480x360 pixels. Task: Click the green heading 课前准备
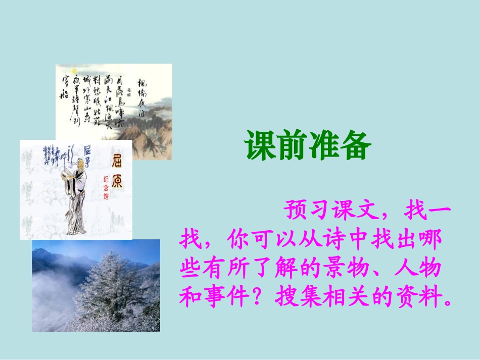click(x=308, y=145)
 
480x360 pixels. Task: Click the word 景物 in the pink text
click(x=332, y=269)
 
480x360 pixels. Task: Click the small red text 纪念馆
click(x=106, y=187)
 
